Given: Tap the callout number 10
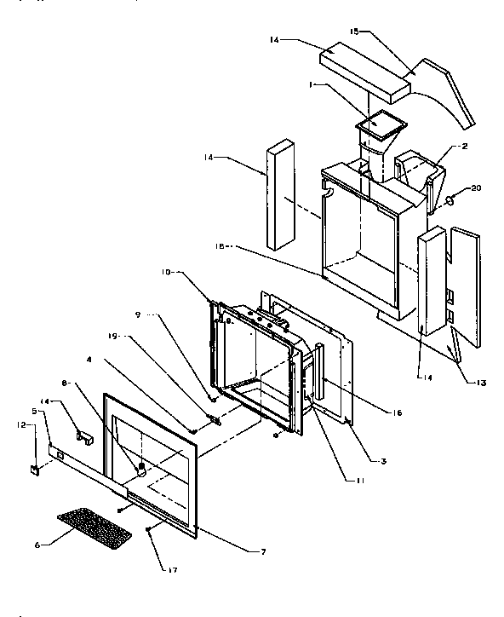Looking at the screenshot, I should [165, 274].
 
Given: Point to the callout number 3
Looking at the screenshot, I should [383, 461].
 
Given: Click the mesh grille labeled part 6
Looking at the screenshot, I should [94, 528].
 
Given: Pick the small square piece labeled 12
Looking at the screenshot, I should [35, 468].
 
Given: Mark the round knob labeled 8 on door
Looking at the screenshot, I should [139, 468].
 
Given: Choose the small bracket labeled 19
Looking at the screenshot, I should [213, 418].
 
